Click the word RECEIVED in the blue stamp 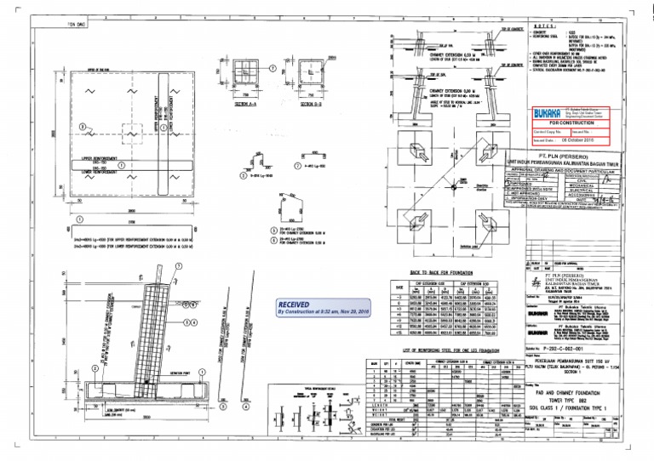297,304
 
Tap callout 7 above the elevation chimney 179,265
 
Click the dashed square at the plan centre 131,133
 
